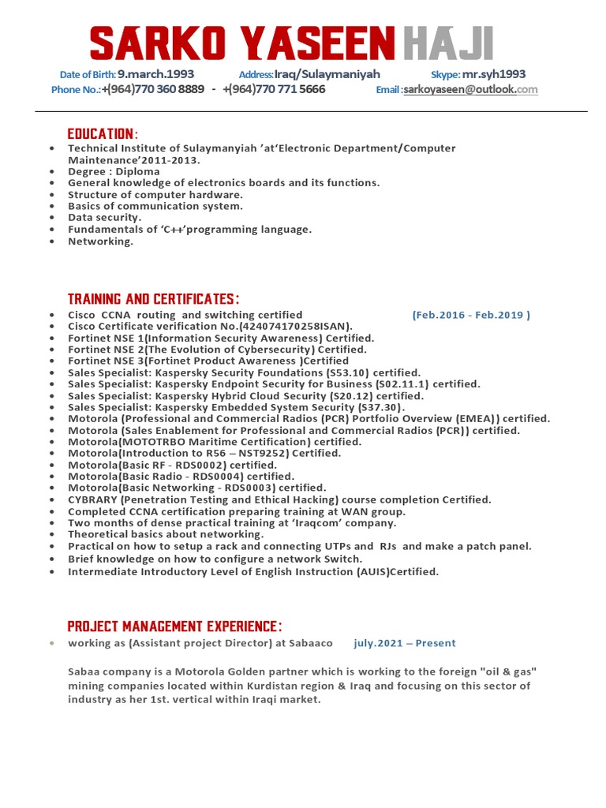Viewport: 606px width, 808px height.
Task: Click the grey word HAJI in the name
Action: point(447,43)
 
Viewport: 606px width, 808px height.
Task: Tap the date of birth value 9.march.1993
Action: point(155,74)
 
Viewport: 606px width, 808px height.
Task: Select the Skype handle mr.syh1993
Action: point(494,74)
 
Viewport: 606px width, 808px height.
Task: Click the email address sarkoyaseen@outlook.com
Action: point(471,90)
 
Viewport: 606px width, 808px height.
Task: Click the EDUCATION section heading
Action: point(103,133)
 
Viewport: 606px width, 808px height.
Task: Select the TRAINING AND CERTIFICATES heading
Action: point(153,299)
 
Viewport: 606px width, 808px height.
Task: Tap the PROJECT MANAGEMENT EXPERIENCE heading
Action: point(174,627)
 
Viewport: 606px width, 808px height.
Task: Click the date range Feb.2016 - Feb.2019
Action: point(471,315)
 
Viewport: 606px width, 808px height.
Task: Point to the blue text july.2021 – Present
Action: point(405,643)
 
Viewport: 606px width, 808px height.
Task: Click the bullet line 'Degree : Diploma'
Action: point(114,171)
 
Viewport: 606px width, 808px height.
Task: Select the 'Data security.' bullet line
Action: point(105,217)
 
